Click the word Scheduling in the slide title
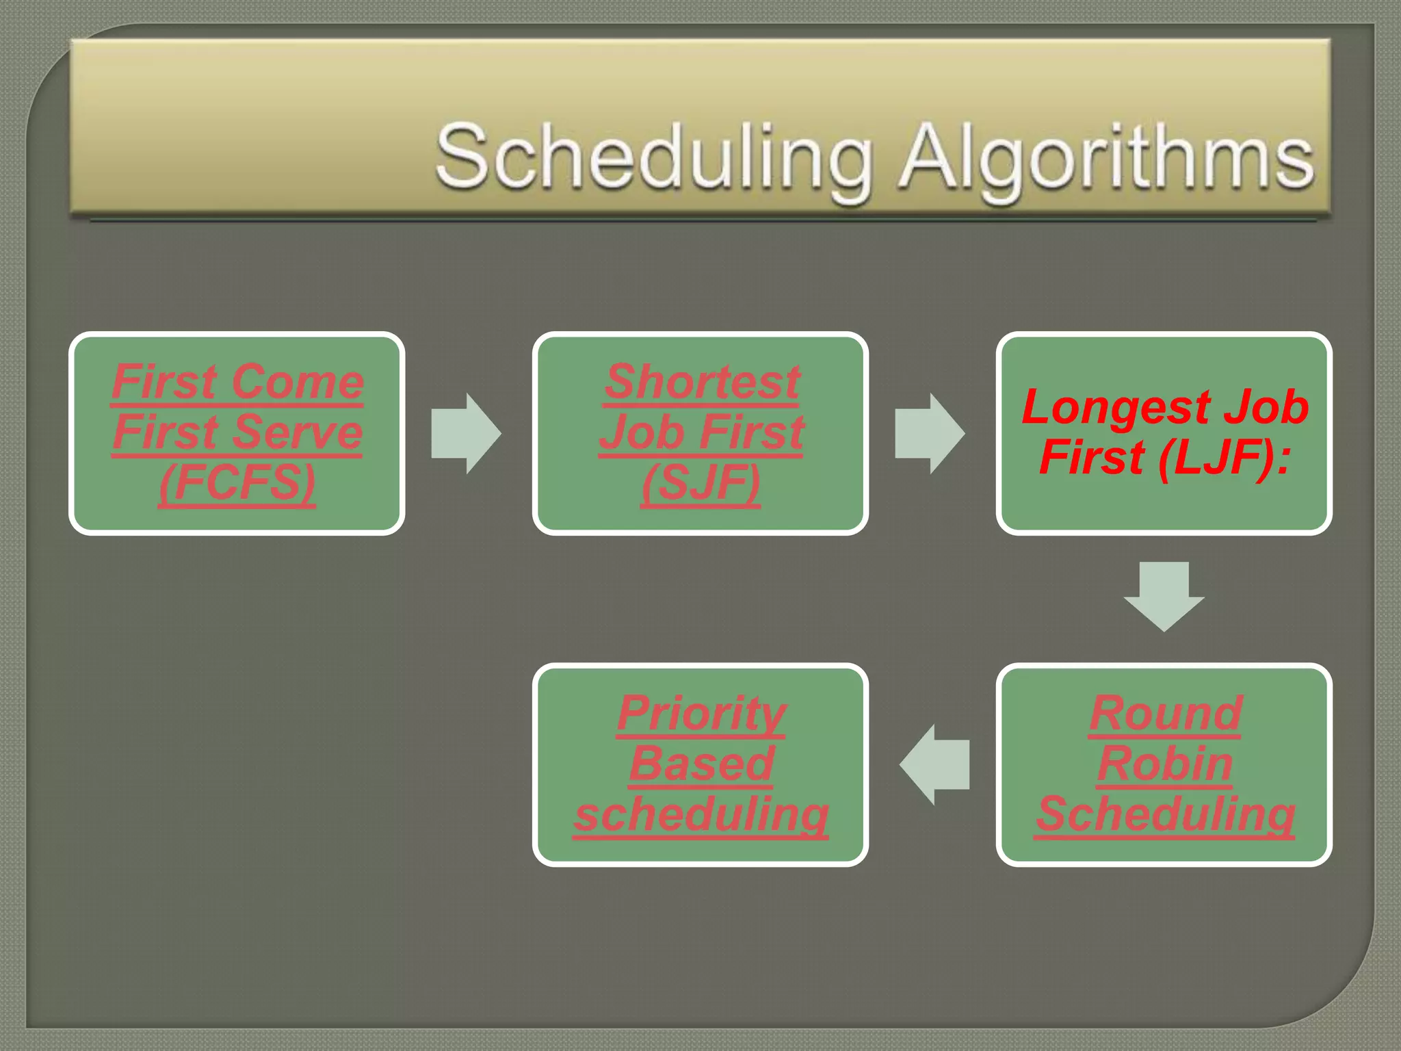coord(654,157)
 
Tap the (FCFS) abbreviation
coord(237,483)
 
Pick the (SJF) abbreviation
coord(700,483)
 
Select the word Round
coord(1166,713)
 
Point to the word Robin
coord(1165,763)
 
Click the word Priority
coord(702,713)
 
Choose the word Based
coord(702,763)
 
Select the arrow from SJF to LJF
coord(930,433)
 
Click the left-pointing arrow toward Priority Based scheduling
coord(934,764)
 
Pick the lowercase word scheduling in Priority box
coord(702,814)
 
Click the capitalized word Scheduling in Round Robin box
coord(1165,814)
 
